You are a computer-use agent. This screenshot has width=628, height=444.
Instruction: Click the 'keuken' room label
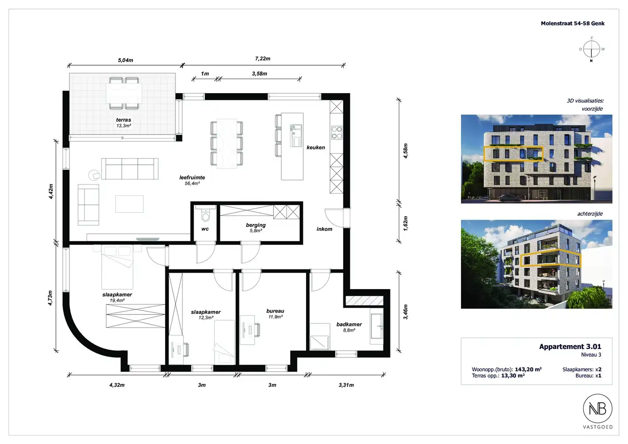coord(315,147)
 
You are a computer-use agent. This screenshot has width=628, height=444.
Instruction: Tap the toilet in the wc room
coord(205,216)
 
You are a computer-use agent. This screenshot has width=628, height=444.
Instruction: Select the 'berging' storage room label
coord(255,225)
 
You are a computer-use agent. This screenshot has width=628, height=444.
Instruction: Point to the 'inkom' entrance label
coord(324,229)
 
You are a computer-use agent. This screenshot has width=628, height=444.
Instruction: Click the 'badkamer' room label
coord(349,325)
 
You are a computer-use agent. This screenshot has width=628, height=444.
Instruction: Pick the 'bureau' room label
coord(275,311)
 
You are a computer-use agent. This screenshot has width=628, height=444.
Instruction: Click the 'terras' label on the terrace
coord(123,120)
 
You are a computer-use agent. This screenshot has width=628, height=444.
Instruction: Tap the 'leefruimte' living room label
coord(192,178)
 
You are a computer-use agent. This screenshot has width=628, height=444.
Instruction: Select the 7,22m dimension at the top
coord(262,59)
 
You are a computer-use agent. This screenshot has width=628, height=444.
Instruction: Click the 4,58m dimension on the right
coord(405,151)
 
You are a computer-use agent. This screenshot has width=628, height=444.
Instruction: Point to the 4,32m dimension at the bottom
coord(117,385)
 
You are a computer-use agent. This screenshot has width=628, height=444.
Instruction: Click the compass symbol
coord(591,49)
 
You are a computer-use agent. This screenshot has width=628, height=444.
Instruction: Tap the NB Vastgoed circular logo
coord(597,408)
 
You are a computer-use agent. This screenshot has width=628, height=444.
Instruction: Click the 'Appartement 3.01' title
coord(570,347)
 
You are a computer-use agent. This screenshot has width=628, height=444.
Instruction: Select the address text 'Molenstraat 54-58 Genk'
coord(572,24)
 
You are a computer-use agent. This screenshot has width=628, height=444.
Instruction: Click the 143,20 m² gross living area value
coord(528,369)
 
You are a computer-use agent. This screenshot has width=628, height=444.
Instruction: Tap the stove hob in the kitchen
coord(337,132)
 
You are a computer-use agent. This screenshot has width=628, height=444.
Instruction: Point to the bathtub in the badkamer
coord(377,329)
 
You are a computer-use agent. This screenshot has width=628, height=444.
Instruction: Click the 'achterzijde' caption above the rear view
coord(590,214)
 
